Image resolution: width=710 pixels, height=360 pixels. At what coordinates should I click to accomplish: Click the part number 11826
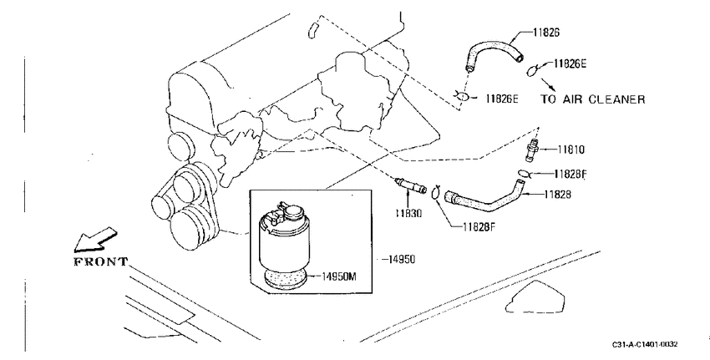click(x=546, y=32)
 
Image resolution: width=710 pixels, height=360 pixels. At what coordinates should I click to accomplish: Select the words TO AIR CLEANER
click(x=593, y=99)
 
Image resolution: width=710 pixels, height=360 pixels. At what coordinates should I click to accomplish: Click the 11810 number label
click(x=571, y=150)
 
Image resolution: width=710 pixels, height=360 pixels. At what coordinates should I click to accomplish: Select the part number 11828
click(x=557, y=195)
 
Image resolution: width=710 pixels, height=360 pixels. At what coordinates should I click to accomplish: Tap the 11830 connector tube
click(x=410, y=185)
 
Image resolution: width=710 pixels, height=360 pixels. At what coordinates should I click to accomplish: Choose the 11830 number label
click(x=408, y=213)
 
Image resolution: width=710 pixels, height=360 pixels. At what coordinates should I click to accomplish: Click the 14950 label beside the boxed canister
click(x=401, y=260)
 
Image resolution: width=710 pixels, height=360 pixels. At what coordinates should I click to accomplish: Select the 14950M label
click(x=338, y=276)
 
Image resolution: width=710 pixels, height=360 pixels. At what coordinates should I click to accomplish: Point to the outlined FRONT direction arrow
click(x=95, y=240)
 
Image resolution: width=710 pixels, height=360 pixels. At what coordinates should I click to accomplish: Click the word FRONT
click(x=101, y=261)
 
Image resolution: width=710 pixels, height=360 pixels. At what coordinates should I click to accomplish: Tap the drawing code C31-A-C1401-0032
click(x=645, y=345)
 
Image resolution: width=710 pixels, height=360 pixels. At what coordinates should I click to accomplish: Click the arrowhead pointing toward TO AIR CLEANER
click(x=552, y=88)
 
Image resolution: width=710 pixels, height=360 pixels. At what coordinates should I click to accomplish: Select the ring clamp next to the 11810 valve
click(x=524, y=173)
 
